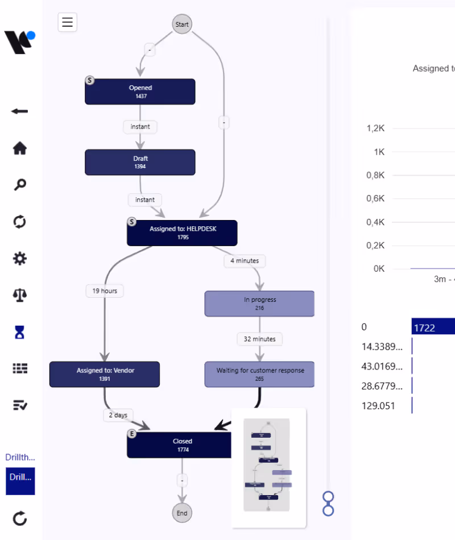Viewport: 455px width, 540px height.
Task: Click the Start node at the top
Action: click(182, 24)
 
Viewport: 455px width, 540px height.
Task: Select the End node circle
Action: click(182, 513)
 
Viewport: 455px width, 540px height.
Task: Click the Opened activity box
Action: click(140, 92)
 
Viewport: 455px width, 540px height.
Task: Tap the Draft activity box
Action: click(140, 162)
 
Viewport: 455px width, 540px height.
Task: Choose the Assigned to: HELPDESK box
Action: click(182, 233)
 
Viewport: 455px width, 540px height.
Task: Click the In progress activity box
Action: click(259, 304)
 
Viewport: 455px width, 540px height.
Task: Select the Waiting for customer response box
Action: click(259, 374)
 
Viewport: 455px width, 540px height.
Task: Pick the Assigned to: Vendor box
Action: click(105, 374)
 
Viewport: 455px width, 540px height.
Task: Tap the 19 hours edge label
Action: click(105, 290)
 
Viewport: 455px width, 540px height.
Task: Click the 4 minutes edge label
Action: click(245, 261)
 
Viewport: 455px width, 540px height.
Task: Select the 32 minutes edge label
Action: click(259, 339)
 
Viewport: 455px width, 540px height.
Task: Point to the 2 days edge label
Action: click(118, 415)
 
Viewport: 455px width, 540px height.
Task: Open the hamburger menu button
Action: click(68, 22)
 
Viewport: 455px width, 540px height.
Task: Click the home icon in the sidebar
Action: click(20, 148)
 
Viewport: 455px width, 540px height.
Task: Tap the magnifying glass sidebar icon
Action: click(20, 185)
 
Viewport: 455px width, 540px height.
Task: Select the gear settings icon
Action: click(20, 259)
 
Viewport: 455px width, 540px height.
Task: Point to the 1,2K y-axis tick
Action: click(375, 128)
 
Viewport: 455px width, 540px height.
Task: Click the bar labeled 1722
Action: click(432, 327)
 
